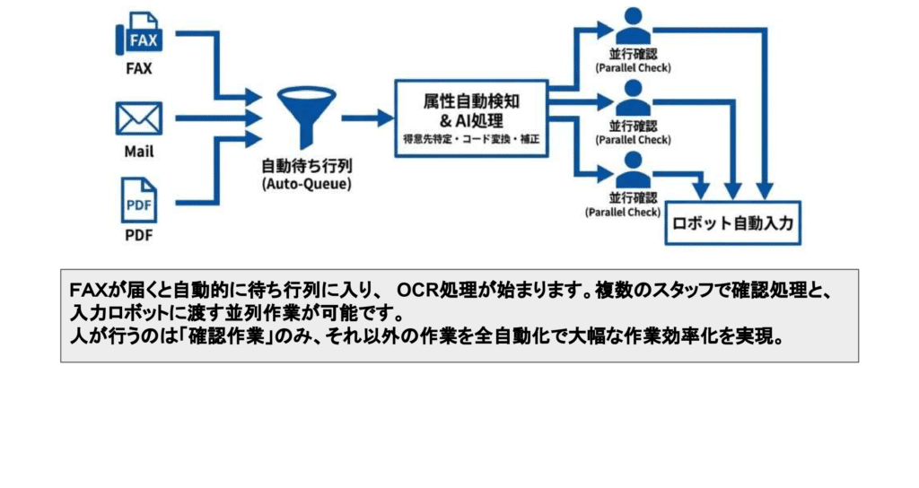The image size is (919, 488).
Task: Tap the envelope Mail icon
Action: [138, 118]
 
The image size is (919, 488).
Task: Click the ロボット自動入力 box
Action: [731, 223]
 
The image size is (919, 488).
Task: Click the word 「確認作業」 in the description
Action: [213, 339]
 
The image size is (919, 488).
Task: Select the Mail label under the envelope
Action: [138, 152]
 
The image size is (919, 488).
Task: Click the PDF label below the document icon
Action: [138, 237]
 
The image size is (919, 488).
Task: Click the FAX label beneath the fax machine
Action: [138, 68]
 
